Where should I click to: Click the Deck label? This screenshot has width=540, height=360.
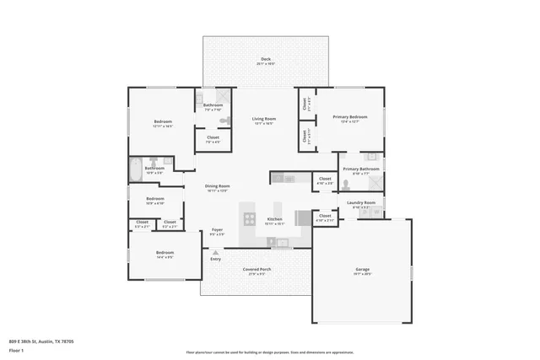[266, 59]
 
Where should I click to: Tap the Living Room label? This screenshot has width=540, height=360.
[264, 119]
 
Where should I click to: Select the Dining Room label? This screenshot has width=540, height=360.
[219, 186]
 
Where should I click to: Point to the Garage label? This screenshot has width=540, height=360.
[362, 270]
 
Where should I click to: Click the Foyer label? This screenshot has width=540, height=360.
[217, 229]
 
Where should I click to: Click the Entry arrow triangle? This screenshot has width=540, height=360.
[216, 252]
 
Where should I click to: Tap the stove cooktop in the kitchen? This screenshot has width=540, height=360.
[250, 218]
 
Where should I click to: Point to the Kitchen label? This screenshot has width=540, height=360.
[274, 219]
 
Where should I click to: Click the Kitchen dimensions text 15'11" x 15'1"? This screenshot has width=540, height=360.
[274, 223]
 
